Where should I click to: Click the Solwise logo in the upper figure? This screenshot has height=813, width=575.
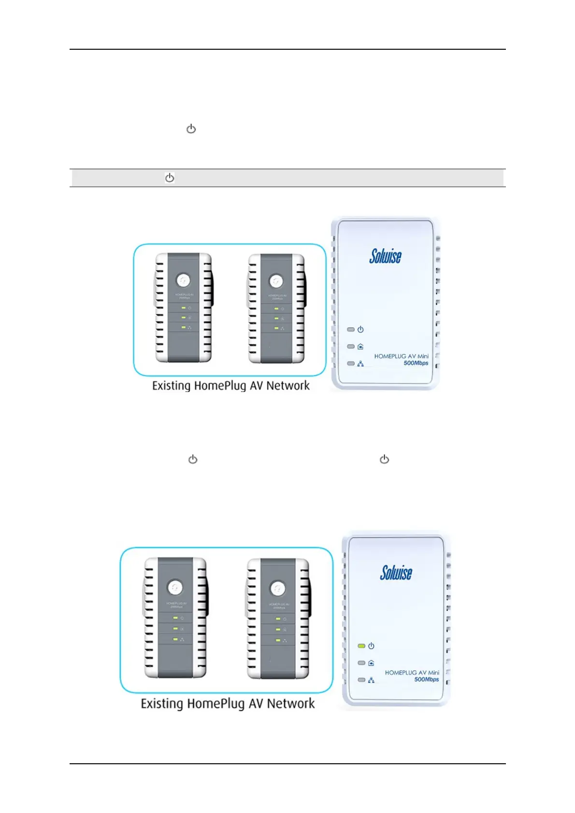click(385, 256)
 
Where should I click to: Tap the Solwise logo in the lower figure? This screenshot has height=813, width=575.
click(396, 573)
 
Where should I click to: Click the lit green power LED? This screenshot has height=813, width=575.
click(361, 646)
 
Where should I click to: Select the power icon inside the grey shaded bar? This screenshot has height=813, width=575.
click(170, 178)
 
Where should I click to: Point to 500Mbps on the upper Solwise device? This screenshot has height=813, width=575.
click(416, 363)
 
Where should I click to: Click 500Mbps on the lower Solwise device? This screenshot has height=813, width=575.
click(427, 679)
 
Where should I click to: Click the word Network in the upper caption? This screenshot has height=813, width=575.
click(288, 386)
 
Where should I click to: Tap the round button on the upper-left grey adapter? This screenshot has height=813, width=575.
click(183, 280)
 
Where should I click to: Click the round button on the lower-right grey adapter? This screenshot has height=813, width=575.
click(277, 589)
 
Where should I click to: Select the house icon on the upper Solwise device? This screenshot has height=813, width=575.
click(360, 347)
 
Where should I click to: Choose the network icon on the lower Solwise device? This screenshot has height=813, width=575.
click(371, 680)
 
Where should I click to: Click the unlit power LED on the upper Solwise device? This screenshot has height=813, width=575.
click(351, 330)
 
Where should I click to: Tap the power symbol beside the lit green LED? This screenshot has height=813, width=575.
click(371, 646)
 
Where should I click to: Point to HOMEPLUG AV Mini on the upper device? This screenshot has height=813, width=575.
click(401, 356)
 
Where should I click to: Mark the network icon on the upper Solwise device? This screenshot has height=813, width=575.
click(360, 364)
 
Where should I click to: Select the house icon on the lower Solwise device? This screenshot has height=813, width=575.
click(371, 663)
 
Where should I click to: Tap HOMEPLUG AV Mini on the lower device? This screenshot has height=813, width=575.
click(412, 673)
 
